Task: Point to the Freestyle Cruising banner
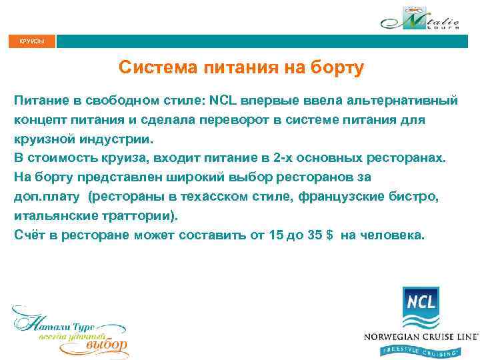click(x=421, y=350)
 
